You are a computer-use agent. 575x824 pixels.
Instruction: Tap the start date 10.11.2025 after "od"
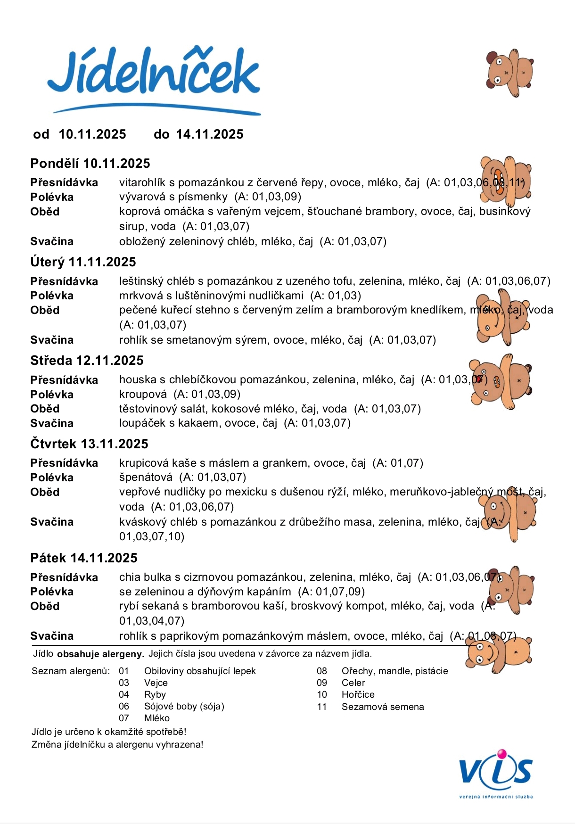click(92, 134)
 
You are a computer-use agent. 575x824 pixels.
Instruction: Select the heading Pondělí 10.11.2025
click(90, 164)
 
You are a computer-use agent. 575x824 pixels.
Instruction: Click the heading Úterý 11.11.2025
click(83, 262)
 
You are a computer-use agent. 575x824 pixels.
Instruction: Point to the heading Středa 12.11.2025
click(87, 361)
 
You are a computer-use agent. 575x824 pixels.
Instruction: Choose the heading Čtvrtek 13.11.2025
click(89, 444)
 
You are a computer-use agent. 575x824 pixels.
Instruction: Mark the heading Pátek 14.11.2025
click(84, 558)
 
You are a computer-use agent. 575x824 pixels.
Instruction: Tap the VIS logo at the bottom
click(496, 773)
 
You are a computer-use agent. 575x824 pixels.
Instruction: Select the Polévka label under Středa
click(52, 395)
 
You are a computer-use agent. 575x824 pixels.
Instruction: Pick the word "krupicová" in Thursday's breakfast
click(142, 463)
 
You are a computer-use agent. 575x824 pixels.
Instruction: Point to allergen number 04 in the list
click(124, 695)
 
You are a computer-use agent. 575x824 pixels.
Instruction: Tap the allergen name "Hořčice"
click(358, 695)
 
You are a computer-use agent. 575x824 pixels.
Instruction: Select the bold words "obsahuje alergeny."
click(100, 654)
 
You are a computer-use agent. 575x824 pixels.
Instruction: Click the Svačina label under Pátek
click(52, 636)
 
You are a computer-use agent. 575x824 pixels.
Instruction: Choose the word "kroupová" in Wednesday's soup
click(143, 395)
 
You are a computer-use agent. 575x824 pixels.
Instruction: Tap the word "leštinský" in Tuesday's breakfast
click(141, 281)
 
